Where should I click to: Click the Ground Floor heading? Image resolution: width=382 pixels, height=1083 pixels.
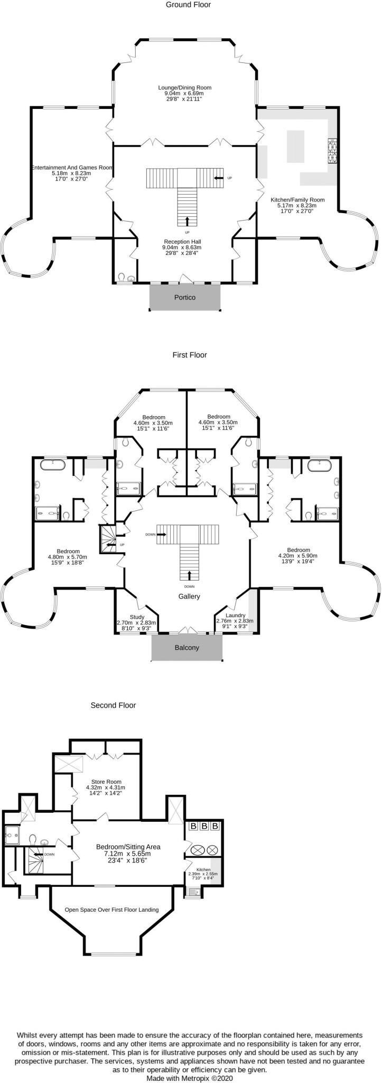[188, 5]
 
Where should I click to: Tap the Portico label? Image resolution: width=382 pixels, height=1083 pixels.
[185, 297]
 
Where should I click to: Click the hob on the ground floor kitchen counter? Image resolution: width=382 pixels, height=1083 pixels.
[333, 151]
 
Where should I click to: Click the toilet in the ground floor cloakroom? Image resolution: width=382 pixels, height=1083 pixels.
[122, 277]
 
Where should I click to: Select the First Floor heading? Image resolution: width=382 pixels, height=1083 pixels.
[190, 355]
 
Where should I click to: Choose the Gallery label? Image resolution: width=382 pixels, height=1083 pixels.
[189, 596]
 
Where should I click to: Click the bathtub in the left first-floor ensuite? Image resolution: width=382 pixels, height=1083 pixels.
[53, 465]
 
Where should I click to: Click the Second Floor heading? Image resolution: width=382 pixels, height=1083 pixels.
[113, 705]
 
